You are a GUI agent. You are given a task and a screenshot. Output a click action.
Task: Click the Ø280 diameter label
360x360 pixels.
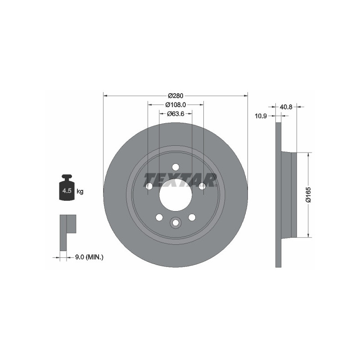coord(175,95)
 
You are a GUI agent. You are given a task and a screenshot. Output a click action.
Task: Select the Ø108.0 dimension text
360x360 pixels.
coord(175,104)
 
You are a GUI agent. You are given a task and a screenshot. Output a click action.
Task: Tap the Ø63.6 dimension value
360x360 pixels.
coord(175,114)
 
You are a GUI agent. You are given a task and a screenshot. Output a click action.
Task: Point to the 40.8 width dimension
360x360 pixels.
coord(286,107)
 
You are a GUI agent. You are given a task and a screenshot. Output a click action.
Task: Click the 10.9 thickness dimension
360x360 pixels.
coord(261,116)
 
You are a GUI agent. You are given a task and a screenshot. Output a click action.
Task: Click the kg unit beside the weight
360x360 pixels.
coord(80,192)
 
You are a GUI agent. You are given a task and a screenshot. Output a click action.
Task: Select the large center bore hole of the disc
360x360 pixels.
coord(175,194)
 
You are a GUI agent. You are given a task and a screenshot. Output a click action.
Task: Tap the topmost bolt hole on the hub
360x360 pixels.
coord(175,166)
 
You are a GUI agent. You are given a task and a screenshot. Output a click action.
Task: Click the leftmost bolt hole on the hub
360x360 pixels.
coord(149,186)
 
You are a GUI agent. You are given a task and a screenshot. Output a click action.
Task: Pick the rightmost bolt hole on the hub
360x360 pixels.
coord(202,186)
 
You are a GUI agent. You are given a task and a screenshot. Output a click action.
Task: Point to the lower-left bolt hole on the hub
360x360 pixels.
coord(159,217)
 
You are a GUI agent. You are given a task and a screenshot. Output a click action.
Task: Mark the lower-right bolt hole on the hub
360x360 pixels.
coord(192,217)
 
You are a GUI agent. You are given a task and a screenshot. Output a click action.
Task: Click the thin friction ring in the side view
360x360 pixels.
coord(278,194)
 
